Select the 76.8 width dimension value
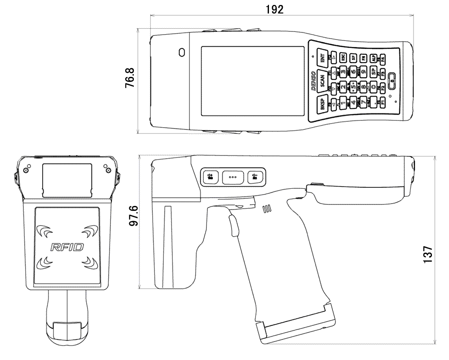point(129,81)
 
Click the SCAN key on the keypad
point(322,80)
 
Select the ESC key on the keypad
point(343,58)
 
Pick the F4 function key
point(382,59)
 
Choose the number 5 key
point(353,84)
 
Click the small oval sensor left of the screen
point(181,52)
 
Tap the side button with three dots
point(233,177)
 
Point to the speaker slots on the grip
point(267,209)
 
